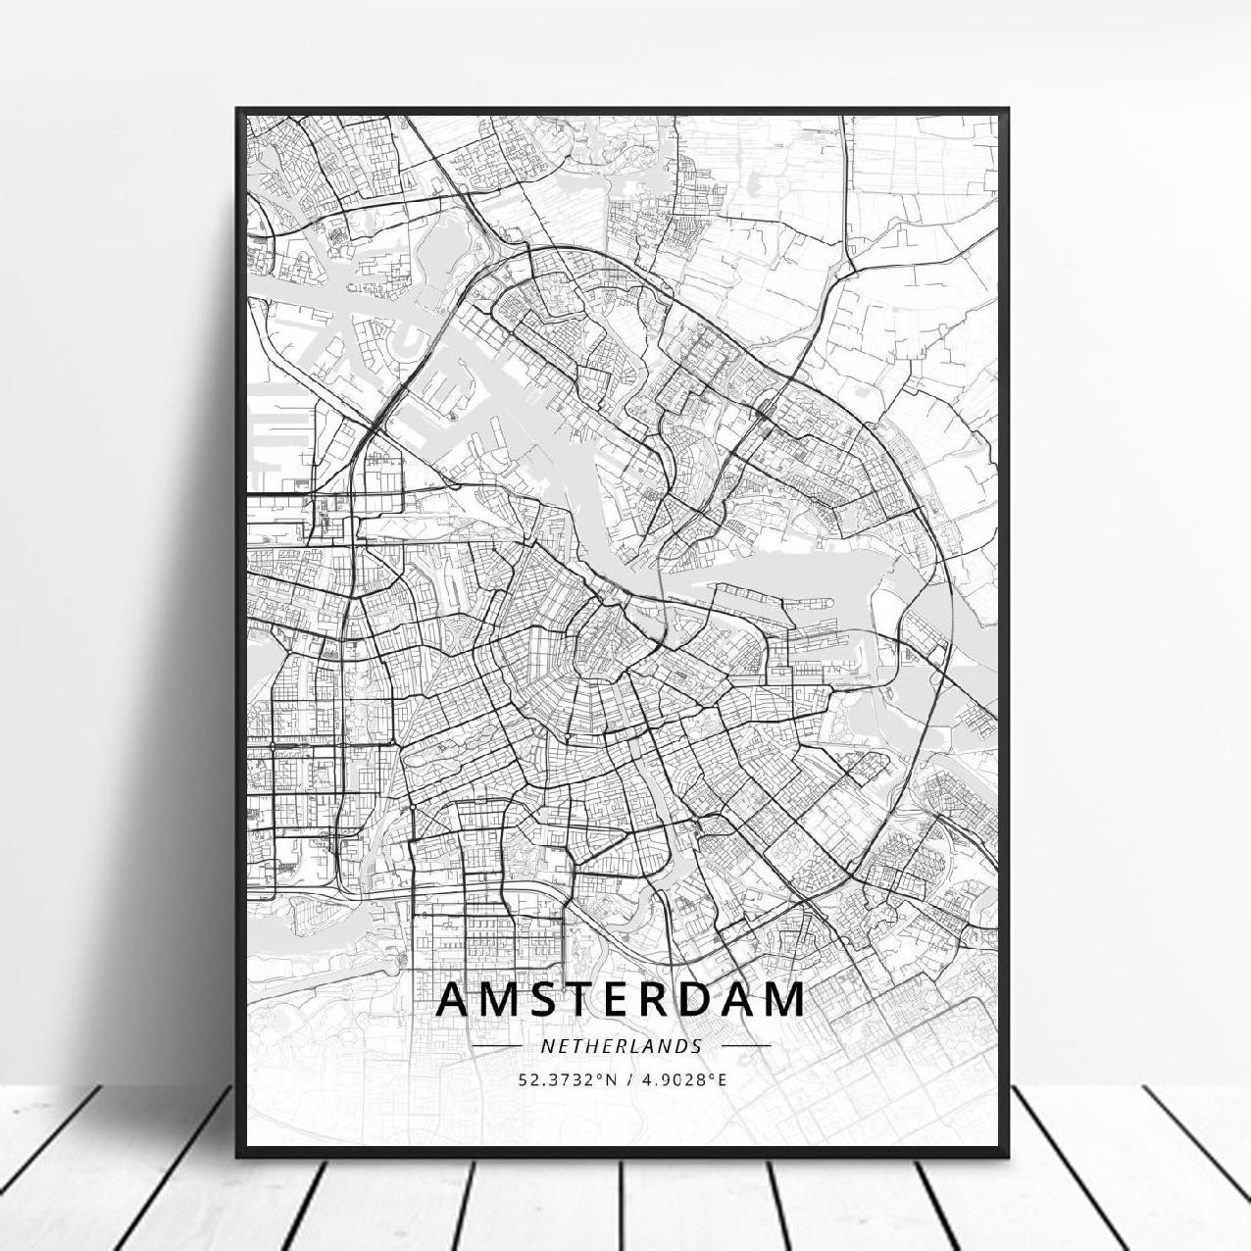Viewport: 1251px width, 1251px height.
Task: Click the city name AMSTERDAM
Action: coord(622,999)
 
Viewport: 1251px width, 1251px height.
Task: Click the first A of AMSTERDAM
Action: coord(454,999)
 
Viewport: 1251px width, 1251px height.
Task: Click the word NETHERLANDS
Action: coord(622,1046)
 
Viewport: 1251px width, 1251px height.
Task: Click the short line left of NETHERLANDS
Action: coord(496,1046)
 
